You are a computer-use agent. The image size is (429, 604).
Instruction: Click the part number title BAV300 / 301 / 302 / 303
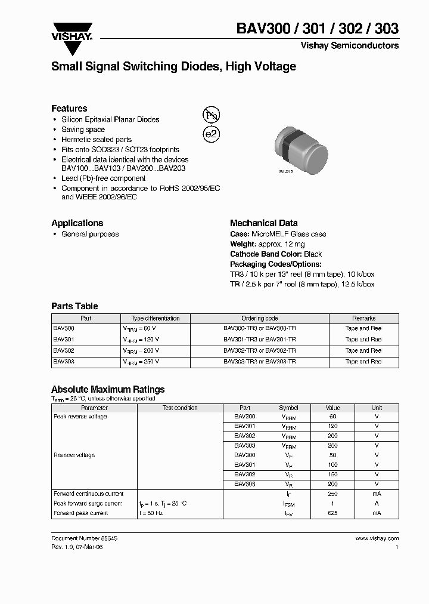[x=318, y=28]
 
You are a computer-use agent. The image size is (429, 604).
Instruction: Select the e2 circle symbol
[x=211, y=134]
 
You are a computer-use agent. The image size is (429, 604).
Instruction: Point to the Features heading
[x=69, y=109]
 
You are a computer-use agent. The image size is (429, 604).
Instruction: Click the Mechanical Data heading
[x=264, y=223]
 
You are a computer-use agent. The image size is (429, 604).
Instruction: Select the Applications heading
[x=77, y=223]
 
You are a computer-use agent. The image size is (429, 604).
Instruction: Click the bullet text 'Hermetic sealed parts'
[x=96, y=140]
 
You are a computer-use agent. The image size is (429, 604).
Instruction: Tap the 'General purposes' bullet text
[x=90, y=235]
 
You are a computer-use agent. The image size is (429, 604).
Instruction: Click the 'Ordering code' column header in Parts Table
[x=259, y=319]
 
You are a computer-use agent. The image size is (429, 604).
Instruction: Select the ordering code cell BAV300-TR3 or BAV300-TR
[x=259, y=329]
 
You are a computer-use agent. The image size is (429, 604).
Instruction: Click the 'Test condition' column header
[x=180, y=408]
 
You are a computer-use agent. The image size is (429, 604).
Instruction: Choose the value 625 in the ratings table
[x=332, y=513]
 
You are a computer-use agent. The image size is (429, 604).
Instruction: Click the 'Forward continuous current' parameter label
[x=89, y=494]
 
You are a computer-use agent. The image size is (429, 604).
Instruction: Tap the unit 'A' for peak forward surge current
[x=377, y=504]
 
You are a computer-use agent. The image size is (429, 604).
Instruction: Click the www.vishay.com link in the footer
[x=377, y=538]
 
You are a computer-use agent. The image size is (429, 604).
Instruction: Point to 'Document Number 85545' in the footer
[x=84, y=538]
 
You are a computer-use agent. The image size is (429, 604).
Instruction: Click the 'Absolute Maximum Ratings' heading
[x=108, y=390]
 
